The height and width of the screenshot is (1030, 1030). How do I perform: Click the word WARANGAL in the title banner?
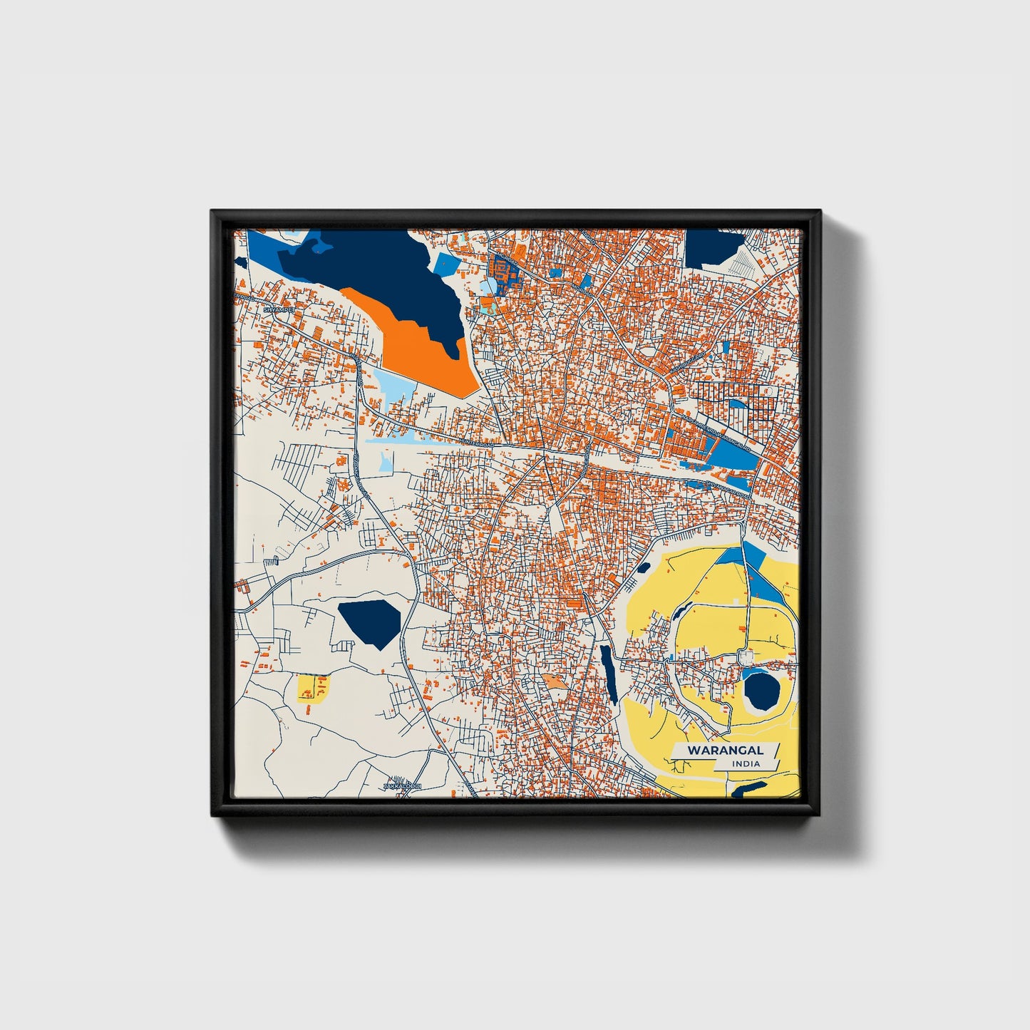(x=725, y=750)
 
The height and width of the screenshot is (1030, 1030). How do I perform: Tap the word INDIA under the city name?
(x=746, y=763)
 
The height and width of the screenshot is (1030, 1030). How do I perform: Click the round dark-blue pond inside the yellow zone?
(x=761, y=690)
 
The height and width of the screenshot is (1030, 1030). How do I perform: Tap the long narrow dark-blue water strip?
(x=609, y=674)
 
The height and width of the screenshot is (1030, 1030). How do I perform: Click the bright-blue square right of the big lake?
(x=447, y=264)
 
